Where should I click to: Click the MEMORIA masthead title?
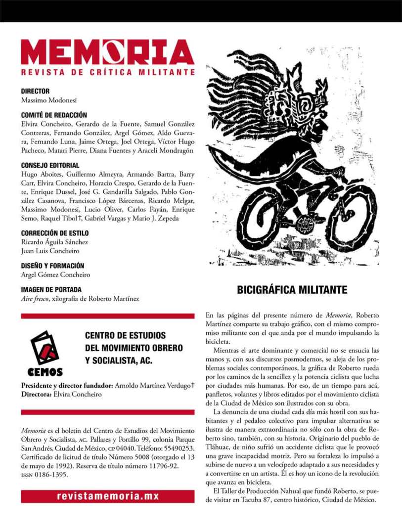click(x=107, y=52)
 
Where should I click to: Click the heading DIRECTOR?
click(x=35, y=91)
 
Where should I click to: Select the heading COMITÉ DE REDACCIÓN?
click(x=54, y=115)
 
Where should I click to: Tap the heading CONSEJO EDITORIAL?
click(x=50, y=165)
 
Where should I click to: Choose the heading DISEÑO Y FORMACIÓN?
click(x=52, y=266)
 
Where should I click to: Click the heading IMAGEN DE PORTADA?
click(x=51, y=289)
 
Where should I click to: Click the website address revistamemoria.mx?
click(x=107, y=496)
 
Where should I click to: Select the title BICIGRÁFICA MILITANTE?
click(x=292, y=290)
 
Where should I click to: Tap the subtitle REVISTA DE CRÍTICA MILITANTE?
click(x=107, y=72)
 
